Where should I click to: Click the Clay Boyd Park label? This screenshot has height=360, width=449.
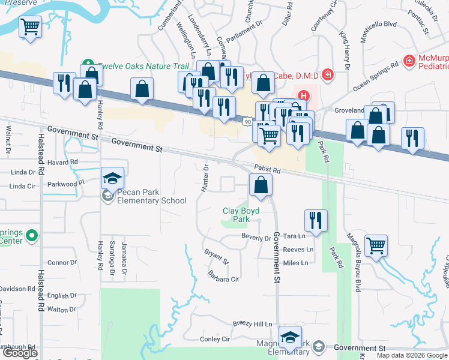[x=241, y=215]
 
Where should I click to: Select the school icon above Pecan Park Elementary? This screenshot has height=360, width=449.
[x=112, y=179]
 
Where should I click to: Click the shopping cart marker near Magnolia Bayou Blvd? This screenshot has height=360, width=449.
[x=376, y=245]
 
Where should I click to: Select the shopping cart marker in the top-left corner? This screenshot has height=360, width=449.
[x=31, y=27]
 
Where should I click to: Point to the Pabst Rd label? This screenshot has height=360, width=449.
[x=268, y=170]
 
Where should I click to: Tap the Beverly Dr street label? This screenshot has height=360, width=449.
[x=256, y=238]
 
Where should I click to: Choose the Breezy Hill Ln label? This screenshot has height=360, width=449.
[x=253, y=324]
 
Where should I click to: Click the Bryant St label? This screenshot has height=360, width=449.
[x=217, y=257]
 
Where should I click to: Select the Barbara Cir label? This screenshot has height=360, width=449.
[x=223, y=279]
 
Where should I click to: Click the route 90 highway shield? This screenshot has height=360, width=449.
[x=247, y=122]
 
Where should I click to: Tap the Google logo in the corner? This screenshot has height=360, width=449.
[x=20, y=353]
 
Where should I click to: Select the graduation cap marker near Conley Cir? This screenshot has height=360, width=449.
[x=290, y=339]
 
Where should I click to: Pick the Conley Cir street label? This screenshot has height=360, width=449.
[x=215, y=339]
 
